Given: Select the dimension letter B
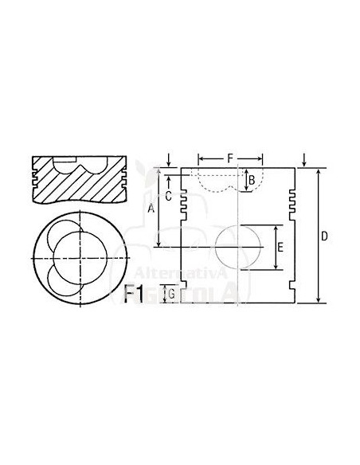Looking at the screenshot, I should pyautogui.click(x=251, y=181).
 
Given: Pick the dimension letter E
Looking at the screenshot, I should pyautogui.click(x=280, y=248).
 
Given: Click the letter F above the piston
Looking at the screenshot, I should pyautogui.click(x=229, y=158).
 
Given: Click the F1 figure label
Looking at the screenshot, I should pyautogui.click(x=135, y=295).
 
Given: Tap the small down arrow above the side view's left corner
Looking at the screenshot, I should pyautogui.click(x=170, y=159).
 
